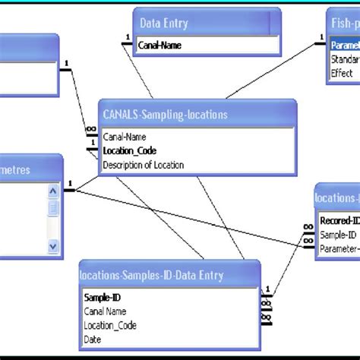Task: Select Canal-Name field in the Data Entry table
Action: click(x=159, y=46)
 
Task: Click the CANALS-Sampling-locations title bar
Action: click(x=165, y=115)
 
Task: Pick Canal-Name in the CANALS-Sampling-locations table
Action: click(x=124, y=137)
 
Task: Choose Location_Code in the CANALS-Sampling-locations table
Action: click(x=130, y=150)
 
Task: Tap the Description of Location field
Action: click(x=143, y=164)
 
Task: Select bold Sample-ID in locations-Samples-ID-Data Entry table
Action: click(x=102, y=298)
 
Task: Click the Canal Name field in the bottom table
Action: click(x=106, y=311)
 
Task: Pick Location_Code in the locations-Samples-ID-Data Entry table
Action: click(x=110, y=325)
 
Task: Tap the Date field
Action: click(x=93, y=339)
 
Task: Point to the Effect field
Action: click(x=342, y=73)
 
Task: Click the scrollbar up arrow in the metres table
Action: click(x=53, y=191)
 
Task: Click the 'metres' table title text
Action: click(x=15, y=169)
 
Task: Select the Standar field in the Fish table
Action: click(x=345, y=59)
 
